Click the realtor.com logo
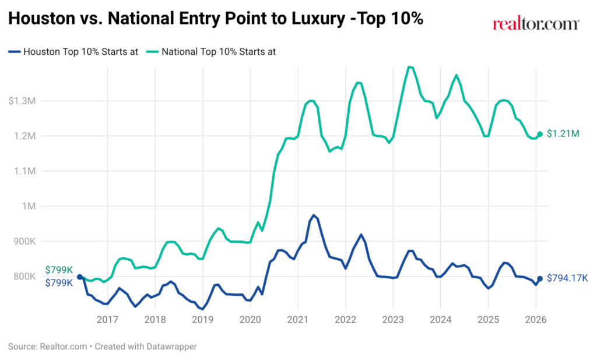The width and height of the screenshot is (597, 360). (x=536, y=24)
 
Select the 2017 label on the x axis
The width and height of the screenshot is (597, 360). (x=107, y=319)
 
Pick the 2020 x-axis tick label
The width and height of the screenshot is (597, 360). (x=250, y=319)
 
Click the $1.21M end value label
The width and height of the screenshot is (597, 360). (x=563, y=134)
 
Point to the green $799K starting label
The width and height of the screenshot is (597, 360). (x=58, y=270)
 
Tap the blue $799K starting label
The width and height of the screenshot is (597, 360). (x=58, y=283)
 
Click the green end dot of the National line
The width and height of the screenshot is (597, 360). (x=540, y=134)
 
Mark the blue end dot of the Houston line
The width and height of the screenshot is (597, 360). (x=540, y=279)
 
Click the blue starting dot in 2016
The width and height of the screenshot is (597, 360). (x=79, y=277)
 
